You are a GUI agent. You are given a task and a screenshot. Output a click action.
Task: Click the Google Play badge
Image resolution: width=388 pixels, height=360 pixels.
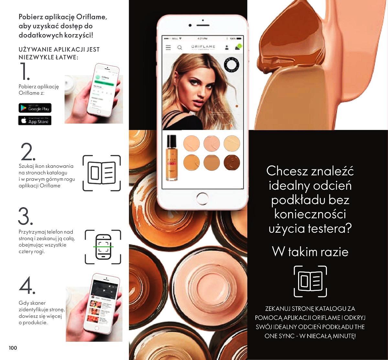pos(35,108)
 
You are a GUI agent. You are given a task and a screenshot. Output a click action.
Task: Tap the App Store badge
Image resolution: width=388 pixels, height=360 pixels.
pos(35,121)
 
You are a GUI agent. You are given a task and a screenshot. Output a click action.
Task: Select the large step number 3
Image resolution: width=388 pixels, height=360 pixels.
pos(26,217)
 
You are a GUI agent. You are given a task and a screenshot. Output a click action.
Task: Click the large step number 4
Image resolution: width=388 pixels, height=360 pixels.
pos(27,285)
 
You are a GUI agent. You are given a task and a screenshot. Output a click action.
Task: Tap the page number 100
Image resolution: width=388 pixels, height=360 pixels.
pos(13,348)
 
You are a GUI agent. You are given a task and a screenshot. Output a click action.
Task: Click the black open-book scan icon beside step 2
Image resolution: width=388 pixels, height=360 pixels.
pos(102,173)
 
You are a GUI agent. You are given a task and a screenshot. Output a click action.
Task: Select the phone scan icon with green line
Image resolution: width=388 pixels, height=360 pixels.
pos(103,247)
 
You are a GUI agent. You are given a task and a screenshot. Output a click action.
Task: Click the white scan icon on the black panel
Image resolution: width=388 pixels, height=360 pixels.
pos(310,281)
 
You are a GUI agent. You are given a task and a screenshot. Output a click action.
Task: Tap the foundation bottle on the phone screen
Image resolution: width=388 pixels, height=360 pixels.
pos(171,157)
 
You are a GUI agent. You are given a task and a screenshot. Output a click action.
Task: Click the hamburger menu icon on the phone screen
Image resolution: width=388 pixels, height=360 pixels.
pos(168,48)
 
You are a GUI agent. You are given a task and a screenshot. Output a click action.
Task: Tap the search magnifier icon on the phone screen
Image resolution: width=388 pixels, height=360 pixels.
pos(179,48)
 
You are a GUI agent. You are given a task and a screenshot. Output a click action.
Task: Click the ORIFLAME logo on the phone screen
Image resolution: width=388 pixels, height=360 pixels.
pos(203,47)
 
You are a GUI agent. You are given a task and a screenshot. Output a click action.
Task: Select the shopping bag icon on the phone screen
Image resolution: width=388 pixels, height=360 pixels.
pos(237,47)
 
